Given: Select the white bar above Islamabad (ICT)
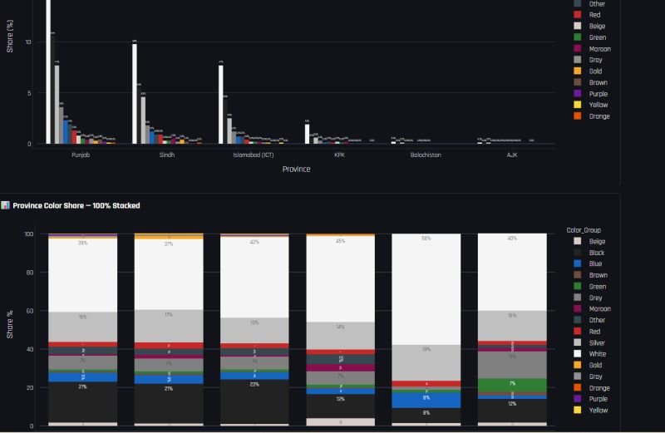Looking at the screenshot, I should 221,104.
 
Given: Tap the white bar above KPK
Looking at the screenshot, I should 307,134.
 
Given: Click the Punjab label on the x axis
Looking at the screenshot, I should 81,155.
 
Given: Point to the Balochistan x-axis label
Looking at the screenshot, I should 426,155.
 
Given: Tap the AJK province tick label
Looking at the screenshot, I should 512,155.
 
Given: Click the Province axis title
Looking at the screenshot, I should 296,169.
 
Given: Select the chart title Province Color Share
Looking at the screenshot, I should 76,205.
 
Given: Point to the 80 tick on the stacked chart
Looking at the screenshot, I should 28,273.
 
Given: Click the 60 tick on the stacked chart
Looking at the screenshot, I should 28,311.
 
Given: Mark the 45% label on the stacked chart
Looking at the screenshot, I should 339,242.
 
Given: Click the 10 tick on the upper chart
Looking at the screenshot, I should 28,42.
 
